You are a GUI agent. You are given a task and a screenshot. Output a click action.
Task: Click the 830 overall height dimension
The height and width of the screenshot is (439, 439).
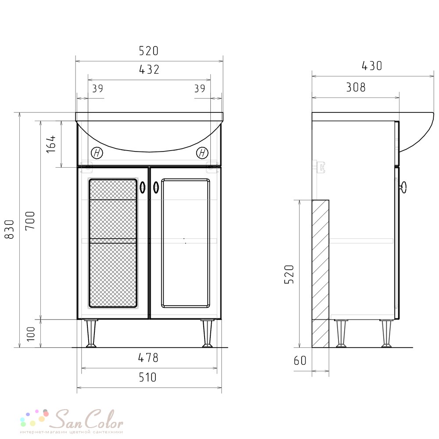10,229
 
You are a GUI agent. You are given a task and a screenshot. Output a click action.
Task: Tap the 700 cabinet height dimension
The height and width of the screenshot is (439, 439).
30,220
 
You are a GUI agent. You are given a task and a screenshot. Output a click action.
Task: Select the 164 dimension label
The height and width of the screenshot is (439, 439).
51,144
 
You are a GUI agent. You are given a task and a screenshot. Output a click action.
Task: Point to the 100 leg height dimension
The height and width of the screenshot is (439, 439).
31,334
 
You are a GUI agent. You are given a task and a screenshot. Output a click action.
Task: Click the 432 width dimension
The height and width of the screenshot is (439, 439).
149,69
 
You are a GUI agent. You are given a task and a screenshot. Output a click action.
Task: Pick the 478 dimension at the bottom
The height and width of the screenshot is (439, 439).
148,357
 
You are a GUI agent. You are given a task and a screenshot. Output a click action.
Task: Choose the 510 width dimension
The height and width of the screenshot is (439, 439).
148,377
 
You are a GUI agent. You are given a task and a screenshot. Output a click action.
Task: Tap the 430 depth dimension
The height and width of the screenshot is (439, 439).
372,66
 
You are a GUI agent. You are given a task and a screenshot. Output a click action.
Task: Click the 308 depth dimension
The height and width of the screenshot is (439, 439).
356,87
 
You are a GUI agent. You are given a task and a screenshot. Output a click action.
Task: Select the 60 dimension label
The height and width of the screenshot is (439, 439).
300,360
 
